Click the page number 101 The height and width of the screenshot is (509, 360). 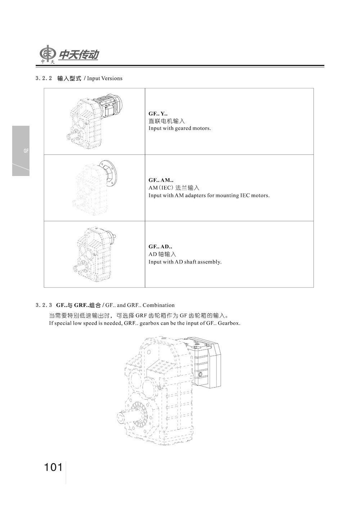coord(53,467)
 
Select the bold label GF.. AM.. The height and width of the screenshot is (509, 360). coord(161,180)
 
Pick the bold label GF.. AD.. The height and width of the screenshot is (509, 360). coord(160,247)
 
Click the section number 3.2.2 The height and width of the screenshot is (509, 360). coord(44,78)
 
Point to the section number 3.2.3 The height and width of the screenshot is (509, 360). coord(44,305)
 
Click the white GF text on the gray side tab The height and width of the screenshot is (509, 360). coord(26,151)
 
